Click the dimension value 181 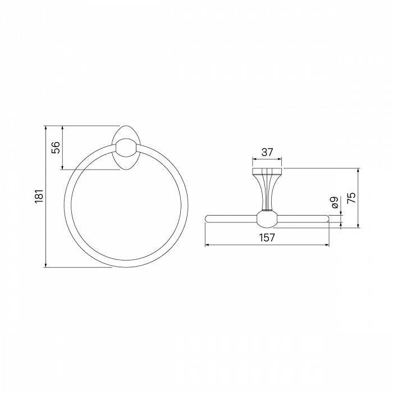(x=39, y=196)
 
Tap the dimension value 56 (x=56, y=147)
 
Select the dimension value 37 (x=267, y=152)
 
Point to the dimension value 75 (x=351, y=198)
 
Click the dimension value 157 (x=267, y=237)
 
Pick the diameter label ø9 (x=335, y=203)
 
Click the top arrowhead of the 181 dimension (x=45, y=128)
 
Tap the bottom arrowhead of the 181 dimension (x=45, y=264)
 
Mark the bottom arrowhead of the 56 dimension (x=62, y=167)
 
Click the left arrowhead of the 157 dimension (x=208, y=245)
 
